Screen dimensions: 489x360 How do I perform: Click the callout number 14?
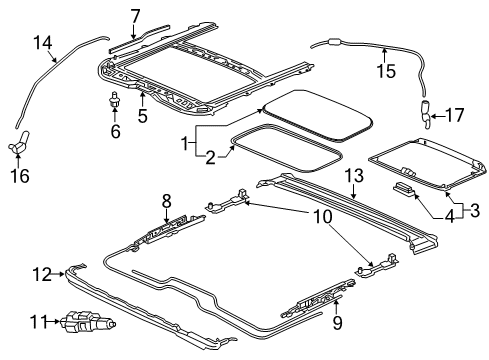coord(43,43)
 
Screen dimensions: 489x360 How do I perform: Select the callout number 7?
coord(135,16)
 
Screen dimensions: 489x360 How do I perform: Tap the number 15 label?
coord(386,71)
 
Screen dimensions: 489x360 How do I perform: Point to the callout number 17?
coord(454,115)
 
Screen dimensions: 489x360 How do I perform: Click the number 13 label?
coord(354,175)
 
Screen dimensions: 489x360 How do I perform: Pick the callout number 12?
coord(42,274)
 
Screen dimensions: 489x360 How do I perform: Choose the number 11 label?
coord(39,322)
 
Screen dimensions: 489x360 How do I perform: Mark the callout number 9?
coord(338,323)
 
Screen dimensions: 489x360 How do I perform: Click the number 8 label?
coord(167,201)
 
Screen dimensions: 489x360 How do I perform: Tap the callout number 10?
coord(323,217)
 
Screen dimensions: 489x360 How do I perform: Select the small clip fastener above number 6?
coord(114,99)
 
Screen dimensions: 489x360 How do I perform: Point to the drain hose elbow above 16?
coord(19,144)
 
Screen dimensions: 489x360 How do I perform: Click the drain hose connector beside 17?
coord(426,115)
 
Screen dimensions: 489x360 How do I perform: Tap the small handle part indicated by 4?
coord(404,188)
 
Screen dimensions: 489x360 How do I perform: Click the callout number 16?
coord(20,175)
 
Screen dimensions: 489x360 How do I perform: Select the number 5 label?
coord(142,115)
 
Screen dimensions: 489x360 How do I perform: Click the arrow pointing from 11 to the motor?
coord(55,322)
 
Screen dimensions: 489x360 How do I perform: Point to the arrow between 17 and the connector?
coord(437,116)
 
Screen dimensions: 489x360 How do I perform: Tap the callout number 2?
coord(211,158)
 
